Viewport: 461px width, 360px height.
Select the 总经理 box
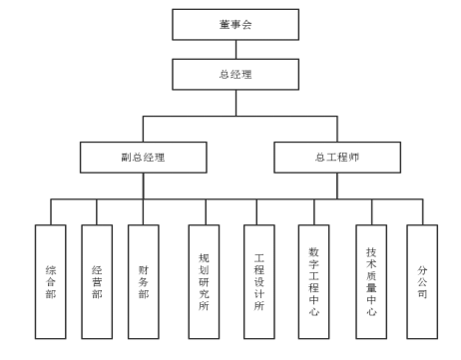pyautogui.click(x=230, y=73)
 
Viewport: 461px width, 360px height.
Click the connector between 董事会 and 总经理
pyautogui.click(x=230, y=51)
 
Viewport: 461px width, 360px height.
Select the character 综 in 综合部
pyautogui.click(x=50, y=269)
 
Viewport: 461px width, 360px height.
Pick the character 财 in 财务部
pyautogui.click(x=143, y=269)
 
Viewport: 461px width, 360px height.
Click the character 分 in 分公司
pyautogui.click(x=422, y=269)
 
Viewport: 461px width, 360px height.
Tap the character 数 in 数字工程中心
pyautogui.click(x=314, y=252)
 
